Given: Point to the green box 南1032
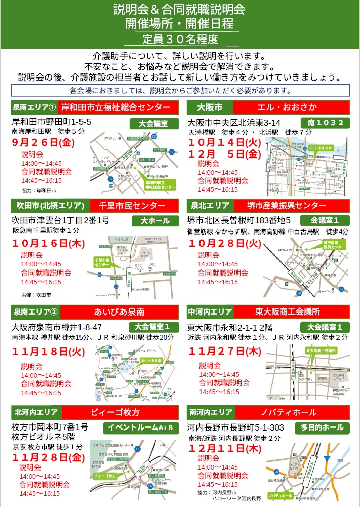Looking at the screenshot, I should (x=325, y=123).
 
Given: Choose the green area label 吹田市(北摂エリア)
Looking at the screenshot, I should (x=50, y=206).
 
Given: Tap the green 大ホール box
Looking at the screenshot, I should (x=152, y=221).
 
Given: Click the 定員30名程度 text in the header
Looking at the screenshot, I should (x=180, y=38).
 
